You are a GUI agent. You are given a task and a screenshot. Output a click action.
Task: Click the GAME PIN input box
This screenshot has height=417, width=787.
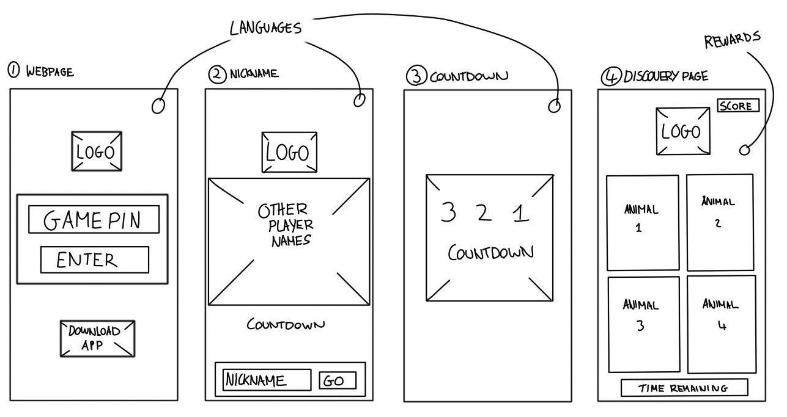pos(94,220)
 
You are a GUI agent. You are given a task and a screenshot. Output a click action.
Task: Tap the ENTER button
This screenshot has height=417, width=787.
pos(94,260)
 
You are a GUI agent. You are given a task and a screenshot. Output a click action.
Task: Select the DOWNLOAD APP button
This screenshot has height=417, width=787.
pos(98,338)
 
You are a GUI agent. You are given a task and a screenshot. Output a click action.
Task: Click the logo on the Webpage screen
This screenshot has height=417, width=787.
pos(95,151)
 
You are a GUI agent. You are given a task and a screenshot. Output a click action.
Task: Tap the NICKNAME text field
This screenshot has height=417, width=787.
pos(266,380)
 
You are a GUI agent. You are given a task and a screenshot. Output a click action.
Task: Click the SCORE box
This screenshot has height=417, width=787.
pos(738,106)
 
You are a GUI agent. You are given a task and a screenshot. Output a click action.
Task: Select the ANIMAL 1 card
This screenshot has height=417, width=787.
pos(642,223)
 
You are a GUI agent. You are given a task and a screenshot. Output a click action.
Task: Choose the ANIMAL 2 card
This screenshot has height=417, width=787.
pos(719,222)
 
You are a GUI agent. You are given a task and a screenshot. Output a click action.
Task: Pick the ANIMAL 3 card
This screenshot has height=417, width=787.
pos(643,324)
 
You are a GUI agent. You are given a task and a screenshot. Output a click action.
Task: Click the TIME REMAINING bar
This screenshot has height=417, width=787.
pos(684,388)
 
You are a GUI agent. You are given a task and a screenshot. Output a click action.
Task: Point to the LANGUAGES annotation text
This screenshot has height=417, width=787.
pos(266,27)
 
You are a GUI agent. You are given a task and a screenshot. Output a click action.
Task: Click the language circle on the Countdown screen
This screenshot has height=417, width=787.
pos(554,106)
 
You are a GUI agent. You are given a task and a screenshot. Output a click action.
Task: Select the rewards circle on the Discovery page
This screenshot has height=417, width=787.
pos(745,150)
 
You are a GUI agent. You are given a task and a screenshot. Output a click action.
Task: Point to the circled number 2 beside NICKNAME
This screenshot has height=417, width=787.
pos(217,74)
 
